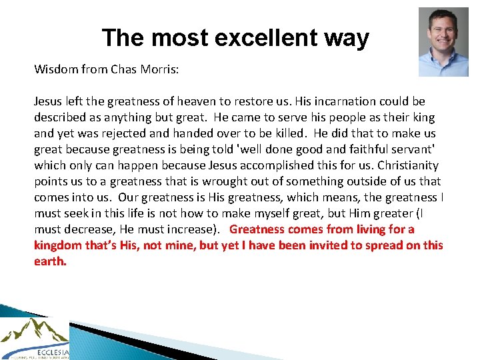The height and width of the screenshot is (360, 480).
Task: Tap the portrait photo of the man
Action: pyautogui.click(x=443, y=42)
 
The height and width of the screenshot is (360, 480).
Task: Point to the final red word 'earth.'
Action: pyautogui.click(x=51, y=261)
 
